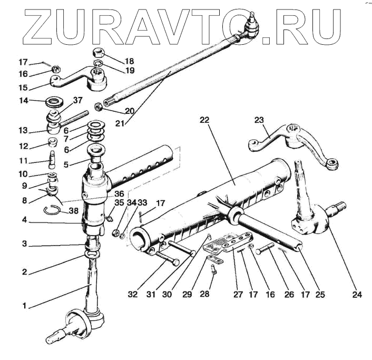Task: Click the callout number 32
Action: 133,294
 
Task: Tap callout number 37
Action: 78,101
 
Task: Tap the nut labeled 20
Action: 98,107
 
